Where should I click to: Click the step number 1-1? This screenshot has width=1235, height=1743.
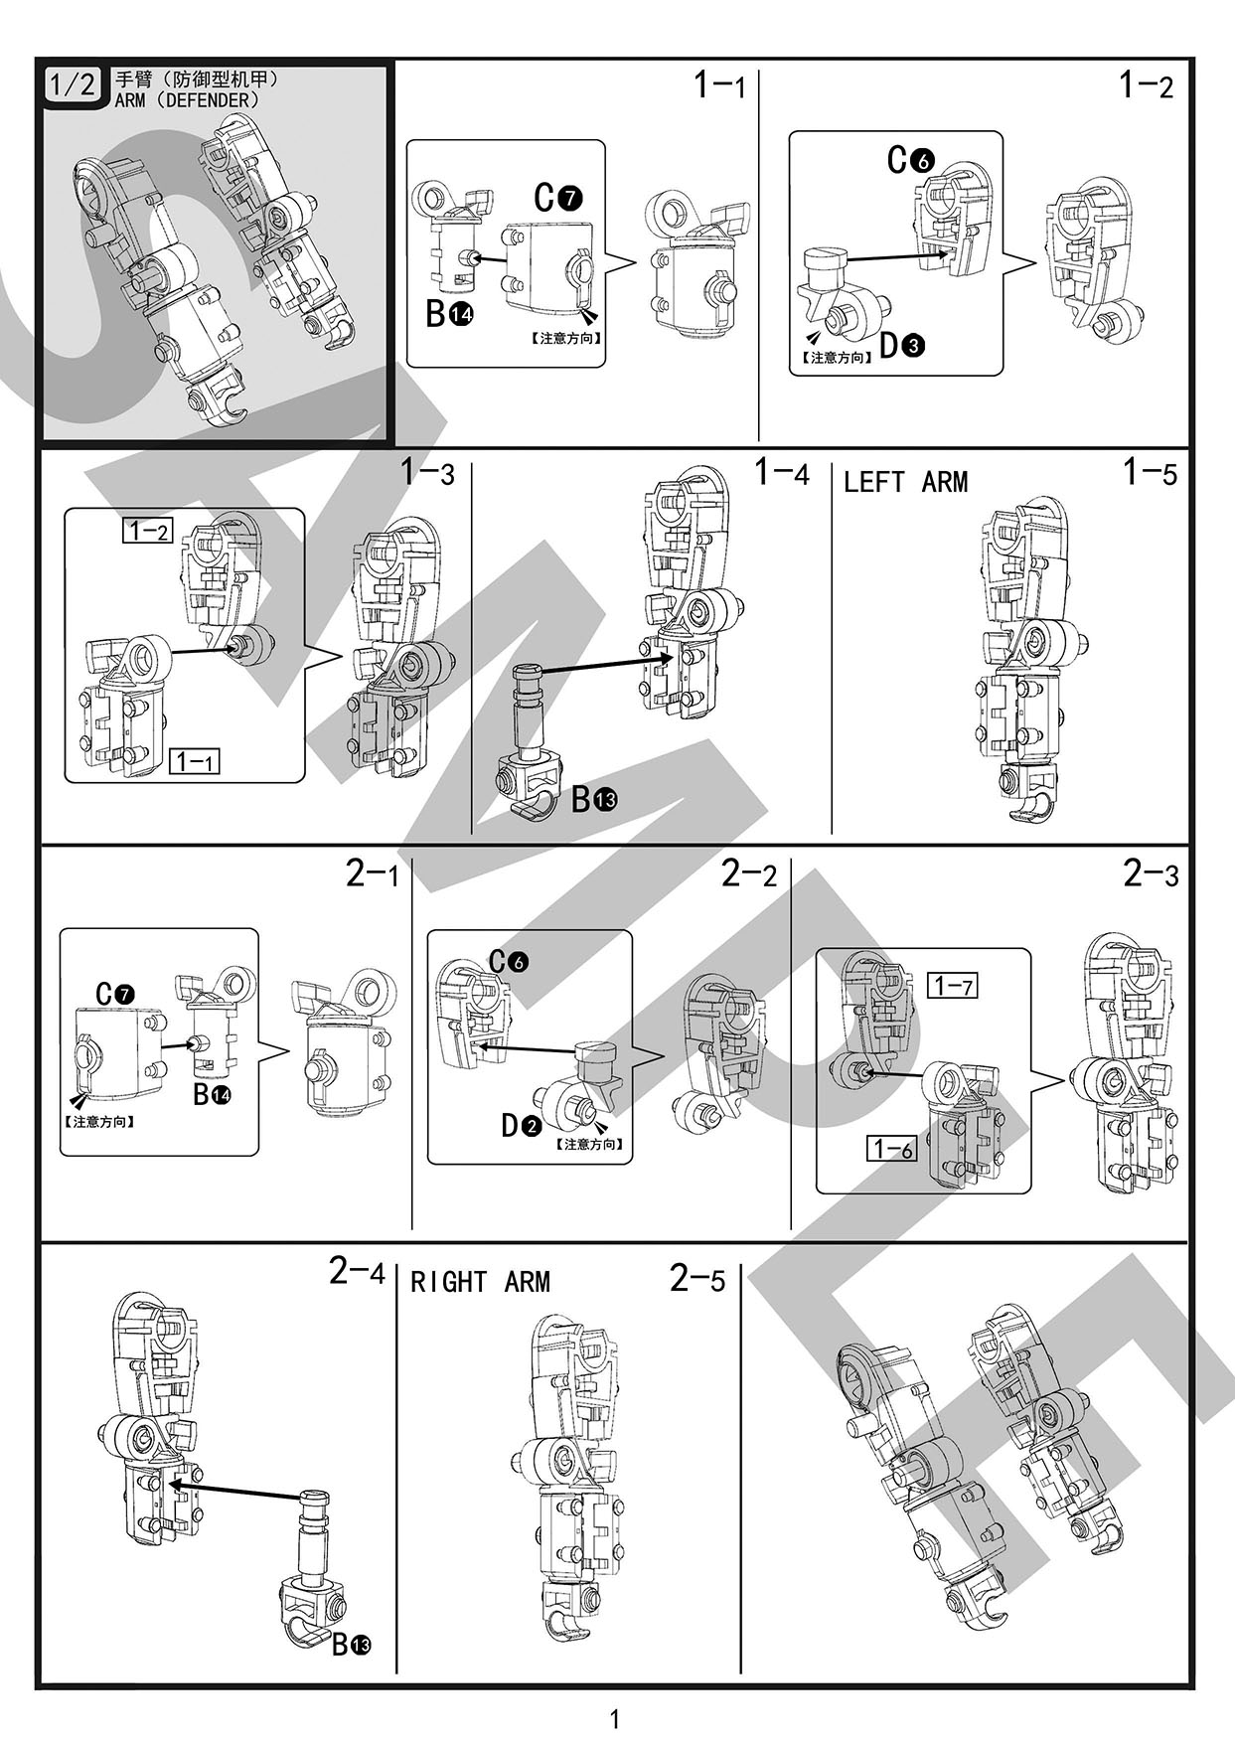[x=719, y=85]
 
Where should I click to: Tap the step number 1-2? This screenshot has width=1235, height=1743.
[x=1146, y=85]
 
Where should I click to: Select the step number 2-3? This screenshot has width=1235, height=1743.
[x=1151, y=874]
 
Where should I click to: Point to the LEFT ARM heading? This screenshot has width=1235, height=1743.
[x=905, y=483]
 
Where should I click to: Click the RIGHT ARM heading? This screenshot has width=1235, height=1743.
[x=480, y=1282]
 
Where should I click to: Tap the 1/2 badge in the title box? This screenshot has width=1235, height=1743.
[x=72, y=84]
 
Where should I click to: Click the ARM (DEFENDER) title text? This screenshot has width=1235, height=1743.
[x=188, y=100]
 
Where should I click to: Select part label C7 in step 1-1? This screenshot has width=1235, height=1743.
[x=557, y=198]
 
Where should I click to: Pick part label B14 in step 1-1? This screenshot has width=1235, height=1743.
[x=449, y=314]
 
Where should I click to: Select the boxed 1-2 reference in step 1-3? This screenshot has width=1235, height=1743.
[x=148, y=531]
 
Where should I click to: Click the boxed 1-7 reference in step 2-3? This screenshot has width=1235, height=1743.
[x=952, y=986]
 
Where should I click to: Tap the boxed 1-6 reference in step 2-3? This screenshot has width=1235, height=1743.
[x=890, y=1149]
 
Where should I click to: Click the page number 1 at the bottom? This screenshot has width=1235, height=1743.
[x=615, y=1717]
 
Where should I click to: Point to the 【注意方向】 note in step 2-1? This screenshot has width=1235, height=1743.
[x=99, y=1122]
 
